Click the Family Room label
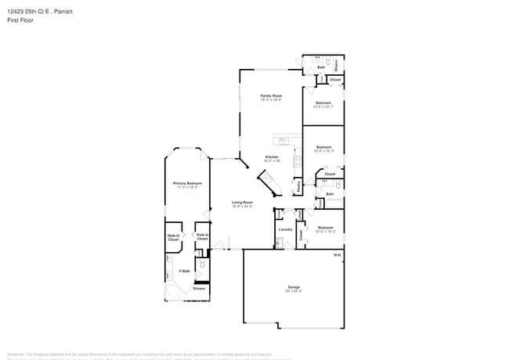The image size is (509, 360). [x=271, y=95]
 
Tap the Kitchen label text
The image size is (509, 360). [x=272, y=157]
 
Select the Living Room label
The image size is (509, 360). [x=241, y=202]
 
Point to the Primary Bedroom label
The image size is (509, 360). [x=187, y=183]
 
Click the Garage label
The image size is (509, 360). [x=294, y=287]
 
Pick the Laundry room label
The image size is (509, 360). [x=285, y=229]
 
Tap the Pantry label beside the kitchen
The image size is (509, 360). [x=298, y=186]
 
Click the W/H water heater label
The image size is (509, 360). [x=338, y=255]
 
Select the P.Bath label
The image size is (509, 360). [x=184, y=272]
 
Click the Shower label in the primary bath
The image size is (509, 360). [x=199, y=289]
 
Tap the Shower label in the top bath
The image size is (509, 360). [x=337, y=64]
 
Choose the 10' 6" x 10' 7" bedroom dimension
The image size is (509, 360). [x=323, y=107]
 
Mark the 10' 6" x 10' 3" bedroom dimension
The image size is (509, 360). [x=323, y=151]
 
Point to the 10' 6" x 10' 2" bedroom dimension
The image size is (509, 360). [x=326, y=232]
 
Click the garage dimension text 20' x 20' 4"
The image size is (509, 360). [x=294, y=292]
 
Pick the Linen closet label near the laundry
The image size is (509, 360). [x=301, y=213]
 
